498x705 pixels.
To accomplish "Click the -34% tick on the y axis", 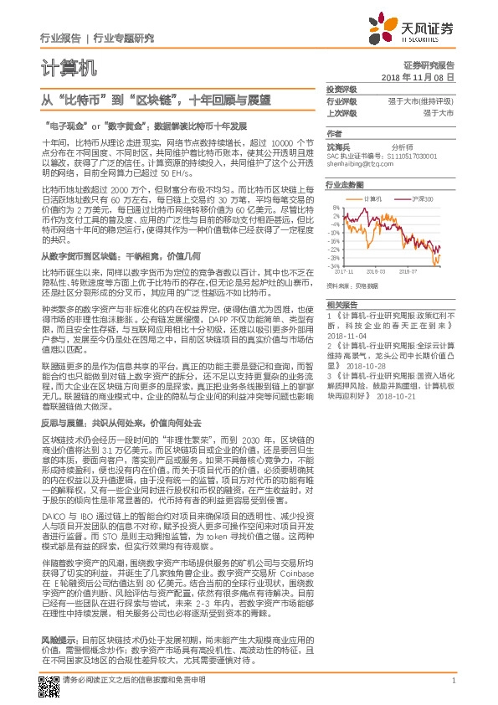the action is click(334, 265).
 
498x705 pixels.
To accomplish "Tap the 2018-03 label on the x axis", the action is click(374, 271).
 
